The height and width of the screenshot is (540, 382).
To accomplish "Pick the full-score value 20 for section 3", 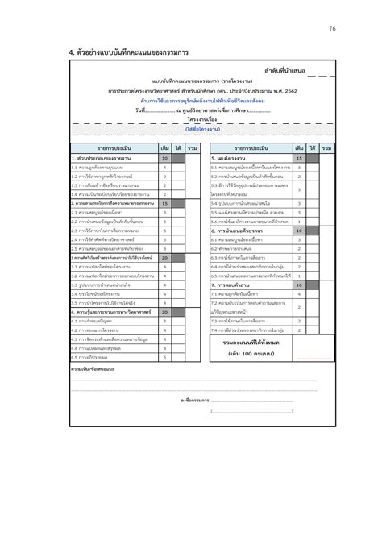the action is [x=164, y=257].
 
